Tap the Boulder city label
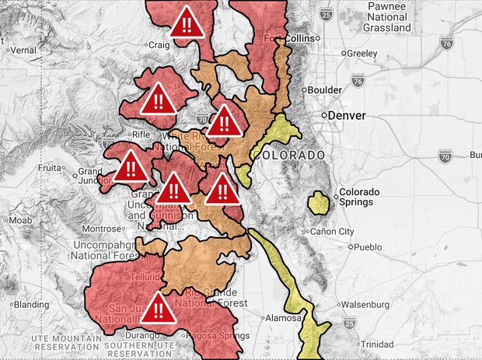tap(324, 89)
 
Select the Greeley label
tap(361, 54)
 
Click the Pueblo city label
tap(368, 247)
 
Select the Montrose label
tap(102, 229)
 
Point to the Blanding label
tap(31, 304)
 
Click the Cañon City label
tap(332, 232)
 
